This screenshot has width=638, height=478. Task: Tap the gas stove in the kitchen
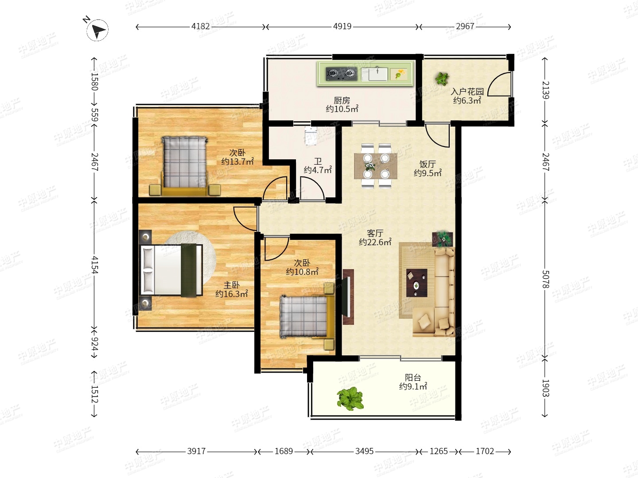coord(342,74)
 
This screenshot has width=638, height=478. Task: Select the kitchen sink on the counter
coord(375,74)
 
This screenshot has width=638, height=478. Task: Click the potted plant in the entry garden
coord(442,78)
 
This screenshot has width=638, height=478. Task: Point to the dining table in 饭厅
coord(376,166)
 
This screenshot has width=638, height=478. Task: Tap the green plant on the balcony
coord(350,398)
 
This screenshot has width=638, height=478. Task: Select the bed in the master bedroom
coord(171,270)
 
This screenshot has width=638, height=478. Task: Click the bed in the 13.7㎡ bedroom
coord(185,166)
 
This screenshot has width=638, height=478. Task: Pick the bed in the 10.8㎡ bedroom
coord(307,316)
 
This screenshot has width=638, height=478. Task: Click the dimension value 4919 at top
coord(342,27)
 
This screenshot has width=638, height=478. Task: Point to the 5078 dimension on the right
coord(545,279)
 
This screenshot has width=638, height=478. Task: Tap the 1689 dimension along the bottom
coord(284,451)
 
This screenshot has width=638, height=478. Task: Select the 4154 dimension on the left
coord(95,265)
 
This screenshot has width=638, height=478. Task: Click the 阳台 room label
coord(413,378)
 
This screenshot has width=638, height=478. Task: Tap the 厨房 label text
coord(342,100)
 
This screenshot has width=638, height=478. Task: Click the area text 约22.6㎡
coord(375,242)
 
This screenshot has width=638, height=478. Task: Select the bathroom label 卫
coord(318,162)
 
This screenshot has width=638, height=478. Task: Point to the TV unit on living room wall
coord(348,297)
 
